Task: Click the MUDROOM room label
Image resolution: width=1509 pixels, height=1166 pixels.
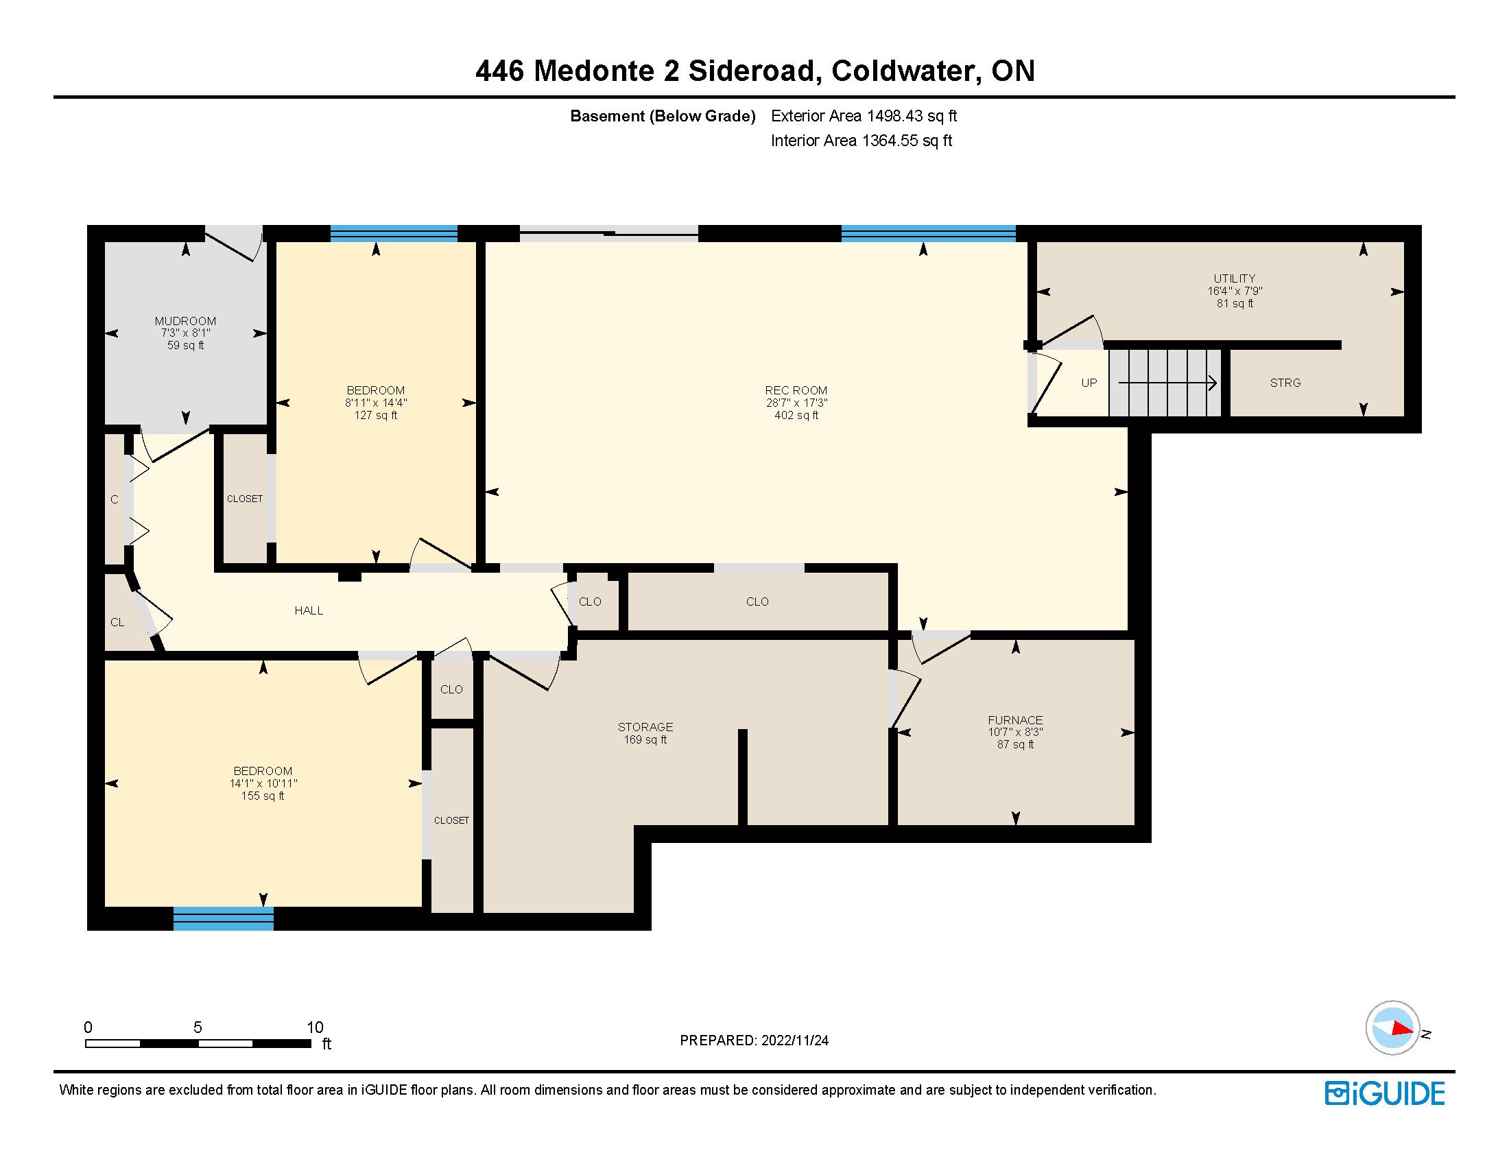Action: point(185,321)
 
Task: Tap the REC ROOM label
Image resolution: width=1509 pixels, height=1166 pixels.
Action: point(796,390)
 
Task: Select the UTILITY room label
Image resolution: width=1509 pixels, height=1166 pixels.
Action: point(1235,279)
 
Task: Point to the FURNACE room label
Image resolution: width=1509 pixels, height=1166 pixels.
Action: point(1015,719)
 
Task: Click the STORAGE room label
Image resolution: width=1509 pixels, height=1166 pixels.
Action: point(645,726)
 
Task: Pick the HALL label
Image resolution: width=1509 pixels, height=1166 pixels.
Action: point(309,610)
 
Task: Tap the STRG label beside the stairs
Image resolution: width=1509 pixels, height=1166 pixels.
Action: point(1285,383)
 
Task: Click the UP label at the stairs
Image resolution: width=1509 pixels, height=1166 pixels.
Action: point(1089,383)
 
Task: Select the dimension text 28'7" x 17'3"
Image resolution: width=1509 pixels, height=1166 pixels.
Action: point(796,403)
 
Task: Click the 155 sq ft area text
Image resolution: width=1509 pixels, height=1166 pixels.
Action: point(263,796)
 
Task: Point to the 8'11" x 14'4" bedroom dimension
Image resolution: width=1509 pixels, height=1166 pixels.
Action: point(376,403)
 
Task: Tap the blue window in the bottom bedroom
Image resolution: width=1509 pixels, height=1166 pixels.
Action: point(223,918)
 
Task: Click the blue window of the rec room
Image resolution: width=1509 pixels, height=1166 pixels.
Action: point(929,233)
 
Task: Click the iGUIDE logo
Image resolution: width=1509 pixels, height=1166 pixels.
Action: point(1385,1093)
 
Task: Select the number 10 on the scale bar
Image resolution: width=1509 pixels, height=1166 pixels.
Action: point(315,1027)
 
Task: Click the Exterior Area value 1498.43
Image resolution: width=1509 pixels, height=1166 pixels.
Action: point(894,116)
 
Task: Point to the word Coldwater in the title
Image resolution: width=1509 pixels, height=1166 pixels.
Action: point(905,71)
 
